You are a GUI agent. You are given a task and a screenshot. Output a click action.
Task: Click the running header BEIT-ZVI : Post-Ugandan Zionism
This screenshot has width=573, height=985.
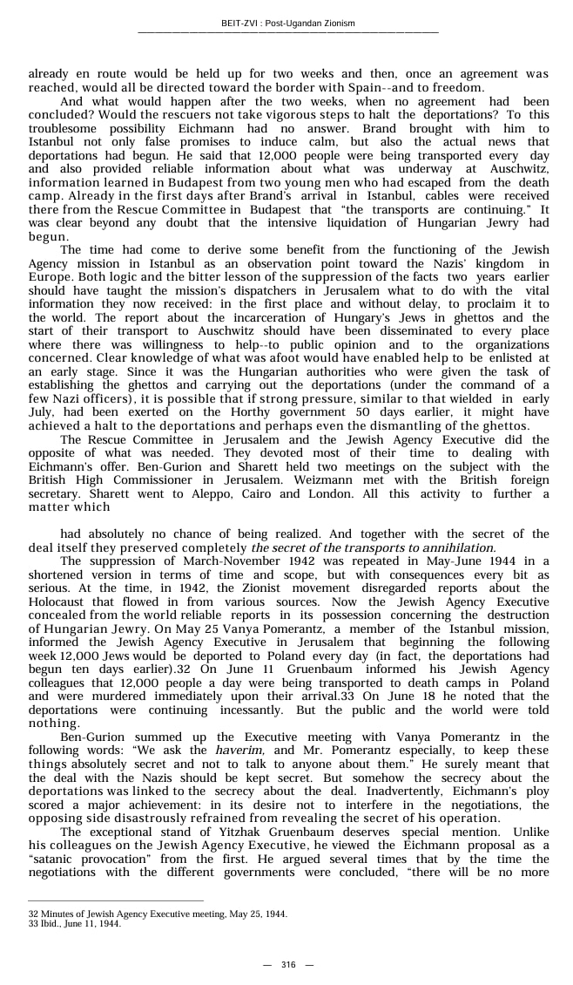coord(287,23)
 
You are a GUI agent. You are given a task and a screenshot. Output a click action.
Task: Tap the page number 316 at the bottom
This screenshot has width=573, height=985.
coord(287,964)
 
